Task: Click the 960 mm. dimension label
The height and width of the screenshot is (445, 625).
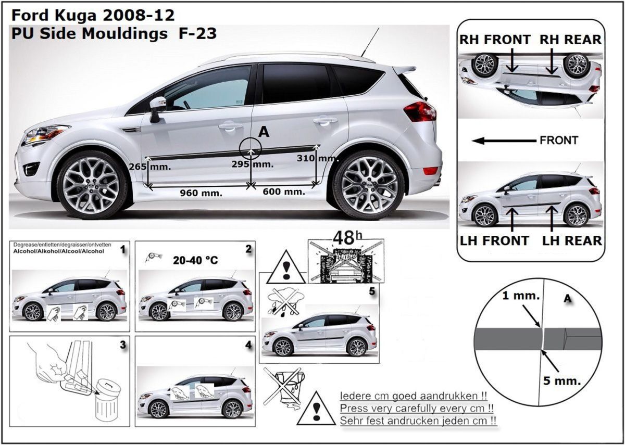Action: pos(201,193)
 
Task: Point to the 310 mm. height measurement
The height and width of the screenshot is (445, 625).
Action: pos(317,157)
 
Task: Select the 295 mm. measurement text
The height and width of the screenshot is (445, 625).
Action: pos(253,164)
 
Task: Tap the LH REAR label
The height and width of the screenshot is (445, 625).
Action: pos(572,240)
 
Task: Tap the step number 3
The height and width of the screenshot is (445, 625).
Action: pos(122,345)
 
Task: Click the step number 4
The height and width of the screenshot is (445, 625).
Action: pos(248,345)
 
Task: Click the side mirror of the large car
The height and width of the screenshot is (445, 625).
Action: pos(157,106)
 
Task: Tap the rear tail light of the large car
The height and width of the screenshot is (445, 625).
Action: pos(420,111)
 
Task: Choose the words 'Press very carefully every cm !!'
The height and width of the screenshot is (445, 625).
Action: pos(417,408)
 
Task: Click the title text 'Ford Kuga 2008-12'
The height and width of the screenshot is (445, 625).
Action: pos(93,14)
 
